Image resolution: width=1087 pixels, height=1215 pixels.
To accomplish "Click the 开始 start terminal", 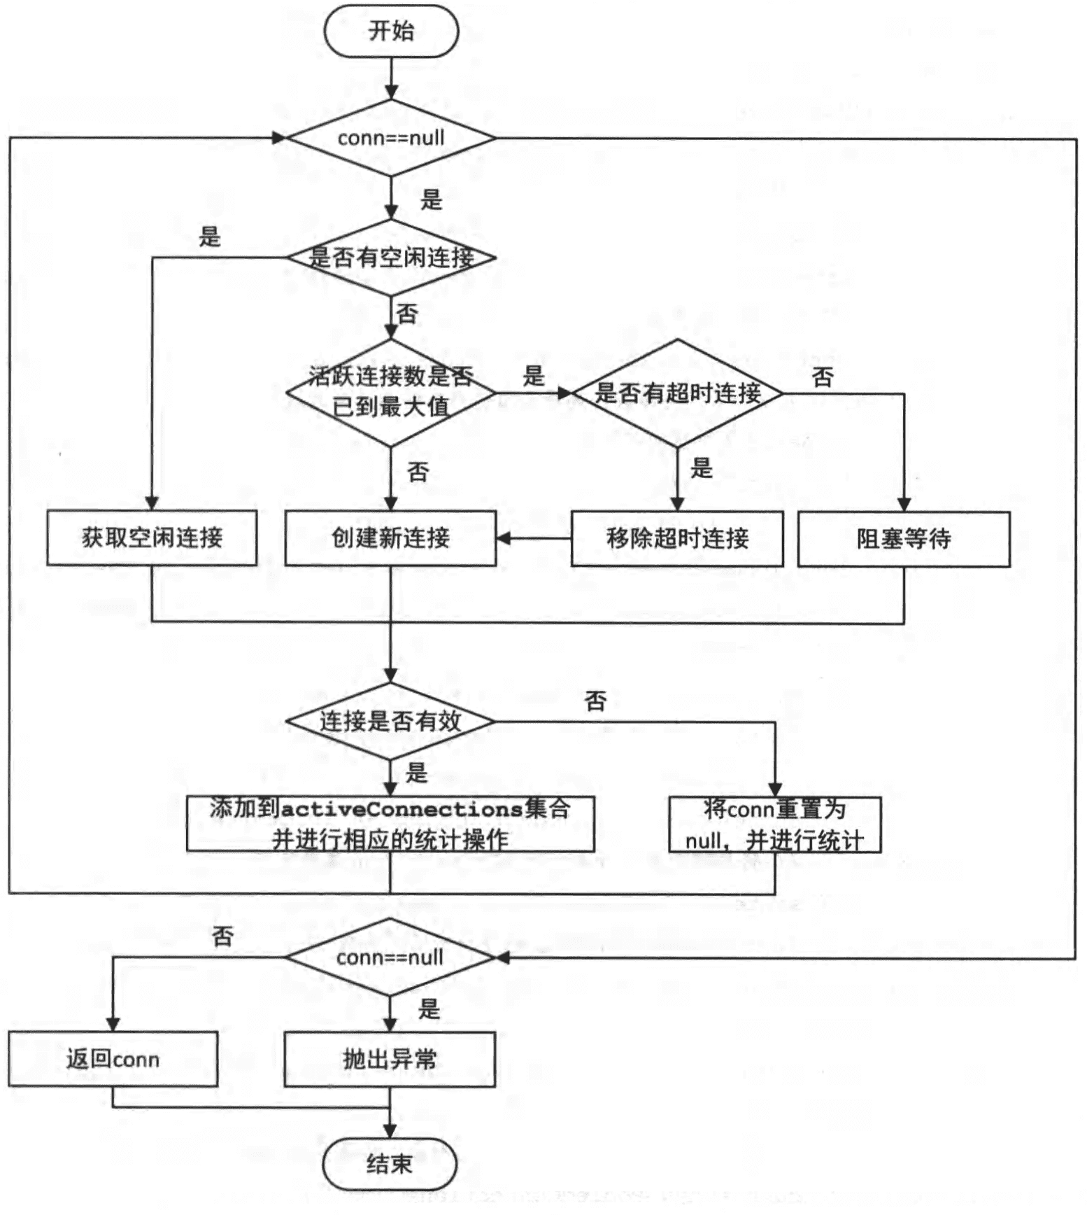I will coord(391,31).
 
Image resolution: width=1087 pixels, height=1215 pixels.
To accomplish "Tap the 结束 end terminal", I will coord(390,1164).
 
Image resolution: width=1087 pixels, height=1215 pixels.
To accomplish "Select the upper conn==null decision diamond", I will coord(391,138).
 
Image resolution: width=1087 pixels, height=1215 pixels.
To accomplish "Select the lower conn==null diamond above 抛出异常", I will coord(390,957).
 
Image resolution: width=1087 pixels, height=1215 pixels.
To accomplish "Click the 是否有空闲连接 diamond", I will coord(391,258).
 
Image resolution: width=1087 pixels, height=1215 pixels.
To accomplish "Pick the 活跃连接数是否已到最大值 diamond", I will coord(391,392).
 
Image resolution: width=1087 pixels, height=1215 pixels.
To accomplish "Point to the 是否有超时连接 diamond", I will coord(677,393).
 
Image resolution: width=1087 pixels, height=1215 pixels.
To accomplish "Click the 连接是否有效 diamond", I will coord(390,721).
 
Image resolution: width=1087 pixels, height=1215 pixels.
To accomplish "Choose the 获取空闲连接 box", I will coord(152,538).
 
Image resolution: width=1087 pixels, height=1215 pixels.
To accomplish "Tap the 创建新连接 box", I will coord(390,538).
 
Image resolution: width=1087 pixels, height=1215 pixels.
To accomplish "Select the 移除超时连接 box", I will coord(677,538).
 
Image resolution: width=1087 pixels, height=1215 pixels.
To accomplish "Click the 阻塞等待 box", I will coord(904,538).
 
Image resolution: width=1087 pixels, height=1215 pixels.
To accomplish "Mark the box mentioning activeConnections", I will coord(390,824).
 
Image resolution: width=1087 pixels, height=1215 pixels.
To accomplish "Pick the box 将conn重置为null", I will coord(774,824).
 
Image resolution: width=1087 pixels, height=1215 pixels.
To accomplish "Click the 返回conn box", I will coord(113,1059).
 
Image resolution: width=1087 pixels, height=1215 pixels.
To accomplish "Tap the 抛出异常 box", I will coord(390,1059).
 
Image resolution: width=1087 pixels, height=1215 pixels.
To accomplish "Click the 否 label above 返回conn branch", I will coord(222,936).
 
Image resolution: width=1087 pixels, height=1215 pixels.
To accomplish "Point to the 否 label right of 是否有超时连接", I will coord(823,377).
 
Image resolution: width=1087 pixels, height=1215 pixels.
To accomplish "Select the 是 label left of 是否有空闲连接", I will coord(210,237).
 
